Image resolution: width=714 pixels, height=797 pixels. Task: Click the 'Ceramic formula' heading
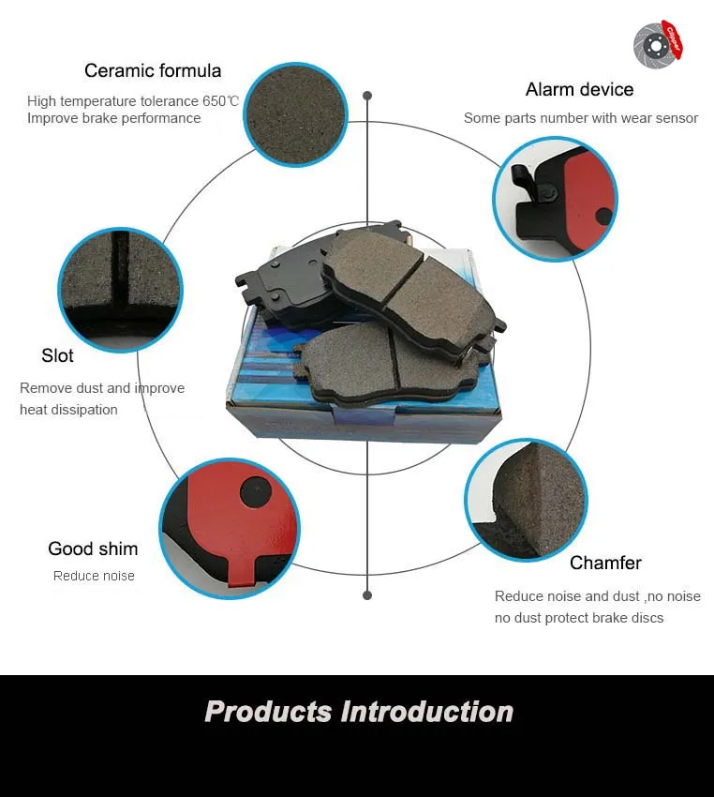point(153,71)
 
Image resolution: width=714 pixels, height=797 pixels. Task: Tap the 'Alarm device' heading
point(579,90)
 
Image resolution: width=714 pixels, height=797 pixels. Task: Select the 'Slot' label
point(57,356)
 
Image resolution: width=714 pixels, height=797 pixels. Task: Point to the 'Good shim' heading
point(93,549)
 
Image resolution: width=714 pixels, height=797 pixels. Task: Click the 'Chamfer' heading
point(605,564)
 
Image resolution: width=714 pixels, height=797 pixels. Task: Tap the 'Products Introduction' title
point(359,712)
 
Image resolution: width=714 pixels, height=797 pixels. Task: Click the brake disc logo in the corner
point(658,43)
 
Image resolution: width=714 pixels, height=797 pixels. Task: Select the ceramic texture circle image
point(295,114)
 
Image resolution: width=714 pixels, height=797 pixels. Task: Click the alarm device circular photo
point(555,199)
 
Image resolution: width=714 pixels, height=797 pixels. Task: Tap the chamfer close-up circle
point(526,499)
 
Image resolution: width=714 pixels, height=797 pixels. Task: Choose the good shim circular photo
point(230,528)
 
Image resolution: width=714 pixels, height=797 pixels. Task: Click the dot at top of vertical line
point(367,96)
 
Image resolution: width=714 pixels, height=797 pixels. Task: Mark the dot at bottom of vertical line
point(367,595)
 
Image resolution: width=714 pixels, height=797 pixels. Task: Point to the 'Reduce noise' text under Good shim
point(94,577)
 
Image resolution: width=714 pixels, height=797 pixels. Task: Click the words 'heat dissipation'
point(68,411)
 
